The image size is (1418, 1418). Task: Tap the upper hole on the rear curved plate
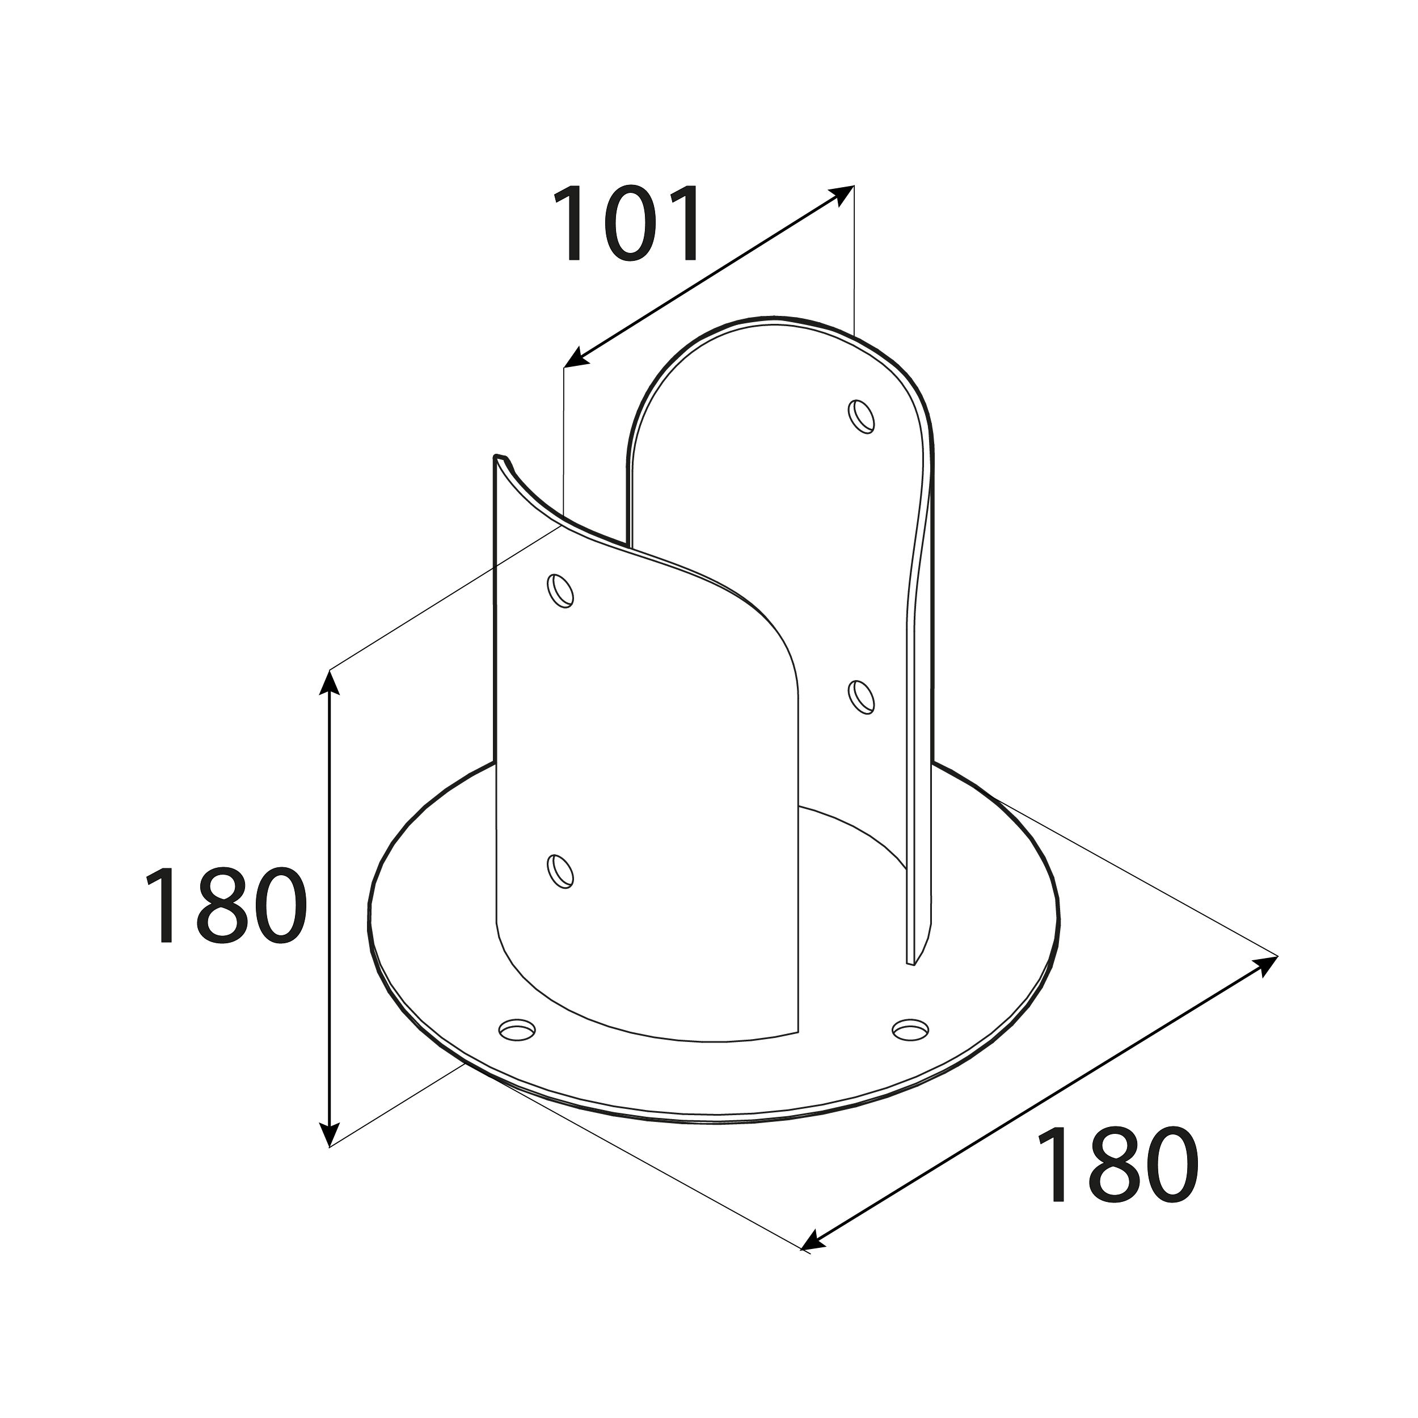coord(862,416)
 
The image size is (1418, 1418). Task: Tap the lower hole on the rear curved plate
coord(862,696)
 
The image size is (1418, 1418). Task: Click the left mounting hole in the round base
coord(517,1029)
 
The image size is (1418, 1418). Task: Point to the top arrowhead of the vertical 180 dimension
coord(331,681)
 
